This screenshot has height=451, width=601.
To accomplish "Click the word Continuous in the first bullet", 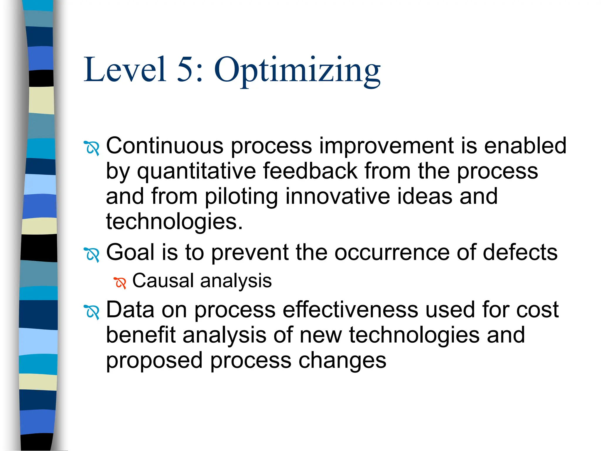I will [165, 146].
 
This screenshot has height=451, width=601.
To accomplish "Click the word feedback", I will [310, 171].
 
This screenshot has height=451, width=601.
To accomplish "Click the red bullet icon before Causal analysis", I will [120, 283].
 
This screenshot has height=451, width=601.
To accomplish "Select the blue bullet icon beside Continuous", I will [92, 148].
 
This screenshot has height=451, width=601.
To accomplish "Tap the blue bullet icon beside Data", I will [92, 312].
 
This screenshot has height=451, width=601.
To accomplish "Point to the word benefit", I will [141, 335].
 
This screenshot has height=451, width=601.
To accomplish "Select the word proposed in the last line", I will [154, 361].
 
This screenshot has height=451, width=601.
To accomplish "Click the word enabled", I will [525, 146].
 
